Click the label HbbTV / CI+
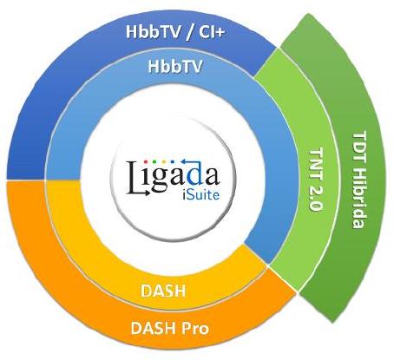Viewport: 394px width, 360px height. [175, 31]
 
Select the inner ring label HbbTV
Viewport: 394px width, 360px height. [175, 66]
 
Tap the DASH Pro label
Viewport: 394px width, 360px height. [170, 328]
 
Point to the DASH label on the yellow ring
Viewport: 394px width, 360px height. [163, 291]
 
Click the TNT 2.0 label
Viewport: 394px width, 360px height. [316, 180]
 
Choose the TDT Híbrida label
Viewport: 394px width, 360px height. [359, 180]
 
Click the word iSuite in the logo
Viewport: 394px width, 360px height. [201, 195]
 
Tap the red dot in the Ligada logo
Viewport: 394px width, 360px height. [146, 161]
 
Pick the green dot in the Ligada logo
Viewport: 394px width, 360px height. [154, 161]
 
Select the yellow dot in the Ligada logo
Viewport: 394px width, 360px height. [164, 161]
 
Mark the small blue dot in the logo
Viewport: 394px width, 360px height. [173, 161]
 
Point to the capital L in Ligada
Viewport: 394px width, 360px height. [135, 177]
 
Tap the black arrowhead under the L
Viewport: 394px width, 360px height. [148, 193]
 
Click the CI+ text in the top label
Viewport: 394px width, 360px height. [212, 31]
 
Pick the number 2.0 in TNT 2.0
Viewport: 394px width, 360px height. [316, 200]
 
